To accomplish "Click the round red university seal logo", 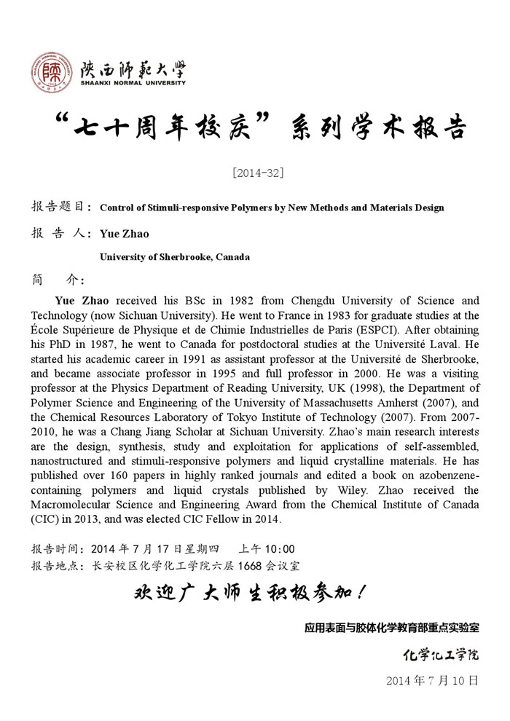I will [52, 73].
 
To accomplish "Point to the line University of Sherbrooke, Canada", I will [175, 257].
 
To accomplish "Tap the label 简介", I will [58, 280].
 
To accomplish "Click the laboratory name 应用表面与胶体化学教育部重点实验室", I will [392, 627].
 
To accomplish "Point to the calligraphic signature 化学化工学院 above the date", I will [442, 655].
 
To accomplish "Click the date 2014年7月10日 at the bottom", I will [432, 681].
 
